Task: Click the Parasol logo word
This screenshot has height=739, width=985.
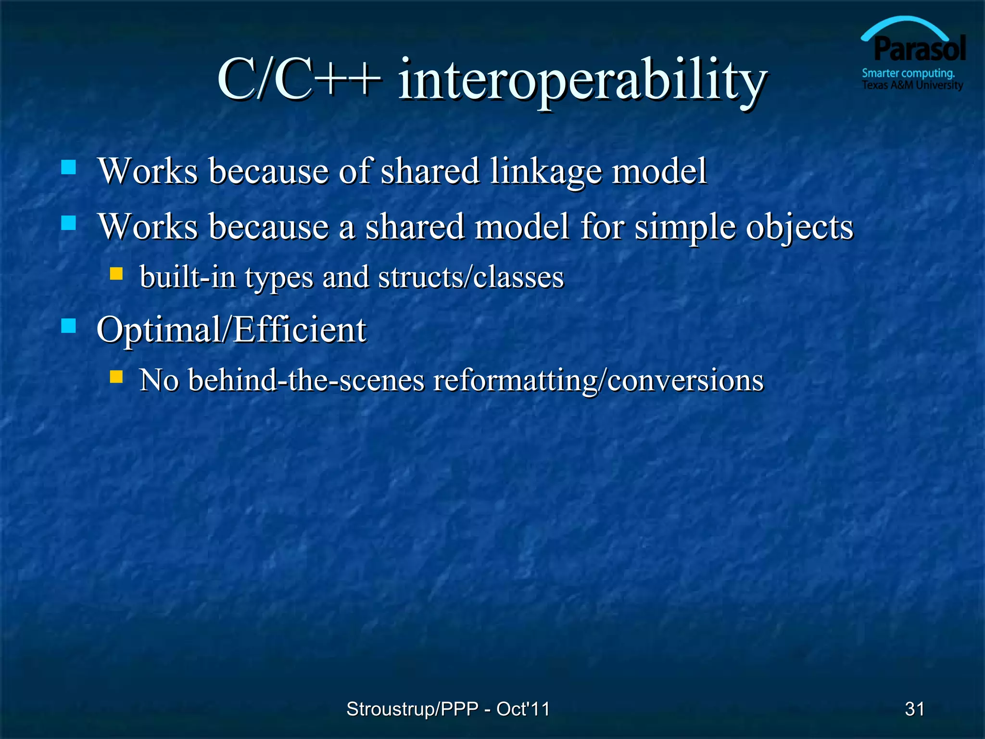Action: (x=920, y=49)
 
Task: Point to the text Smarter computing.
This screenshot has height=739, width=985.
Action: (x=908, y=74)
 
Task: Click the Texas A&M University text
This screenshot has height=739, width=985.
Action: (x=912, y=85)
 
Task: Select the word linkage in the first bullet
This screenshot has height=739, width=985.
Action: (x=545, y=172)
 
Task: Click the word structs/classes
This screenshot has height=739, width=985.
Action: (x=471, y=278)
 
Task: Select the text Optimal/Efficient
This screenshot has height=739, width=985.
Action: (x=231, y=330)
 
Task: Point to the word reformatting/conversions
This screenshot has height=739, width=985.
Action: (x=598, y=380)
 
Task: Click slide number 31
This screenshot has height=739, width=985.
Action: (x=914, y=709)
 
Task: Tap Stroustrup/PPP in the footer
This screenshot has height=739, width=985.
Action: (x=412, y=709)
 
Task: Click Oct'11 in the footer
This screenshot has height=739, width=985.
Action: (x=523, y=709)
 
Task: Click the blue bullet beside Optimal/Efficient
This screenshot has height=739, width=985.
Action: (x=69, y=326)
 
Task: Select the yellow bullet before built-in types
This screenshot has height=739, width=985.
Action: (x=116, y=274)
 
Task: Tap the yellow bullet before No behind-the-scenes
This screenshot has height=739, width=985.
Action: (x=116, y=376)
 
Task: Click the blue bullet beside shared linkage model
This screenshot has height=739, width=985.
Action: (x=69, y=167)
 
